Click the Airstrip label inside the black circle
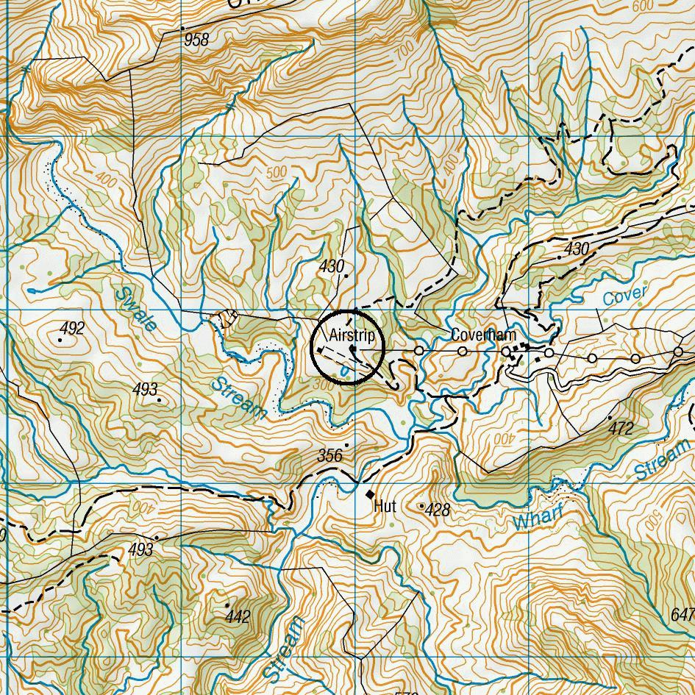[x=352, y=335]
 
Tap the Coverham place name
[x=483, y=335]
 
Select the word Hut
[x=385, y=506]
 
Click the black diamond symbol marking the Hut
[x=369, y=494]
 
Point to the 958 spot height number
[x=196, y=40]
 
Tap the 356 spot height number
[x=330, y=456]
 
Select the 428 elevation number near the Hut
[x=438, y=510]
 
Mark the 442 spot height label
[x=238, y=616]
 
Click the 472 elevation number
[x=621, y=428]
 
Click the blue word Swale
[x=136, y=308]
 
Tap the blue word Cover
[x=624, y=296]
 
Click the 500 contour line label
[x=277, y=172]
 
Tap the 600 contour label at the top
[x=642, y=6]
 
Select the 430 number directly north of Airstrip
[x=332, y=266]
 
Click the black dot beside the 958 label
[x=182, y=28]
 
